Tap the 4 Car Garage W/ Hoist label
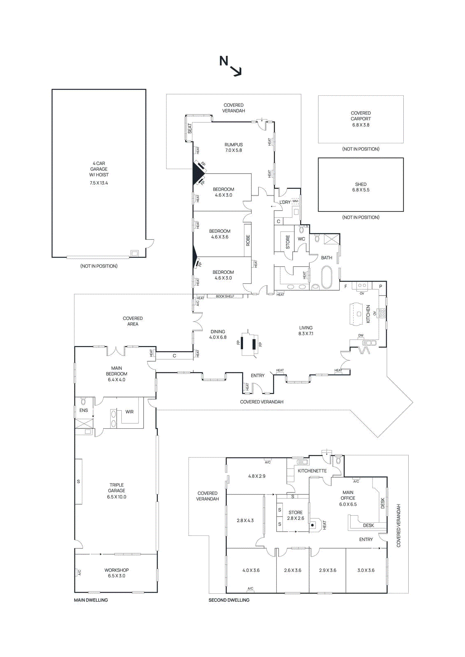[99, 169]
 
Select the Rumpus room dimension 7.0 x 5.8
[234, 151]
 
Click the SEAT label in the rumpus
[190, 129]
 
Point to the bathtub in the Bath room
[327, 278]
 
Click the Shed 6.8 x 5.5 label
[361, 187]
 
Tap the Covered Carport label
[361, 116]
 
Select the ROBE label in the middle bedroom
[248, 241]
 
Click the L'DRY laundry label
[285, 202]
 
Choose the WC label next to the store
[301, 239]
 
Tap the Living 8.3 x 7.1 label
[305, 331]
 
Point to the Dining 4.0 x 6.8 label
[217, 334]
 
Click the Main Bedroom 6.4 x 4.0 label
[116, 374]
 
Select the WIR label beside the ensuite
[130, 412]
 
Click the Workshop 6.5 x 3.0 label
[116, 573]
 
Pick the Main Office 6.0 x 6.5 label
[348, 498]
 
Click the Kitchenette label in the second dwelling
[312, 471]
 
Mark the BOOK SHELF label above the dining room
[225, 296]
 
